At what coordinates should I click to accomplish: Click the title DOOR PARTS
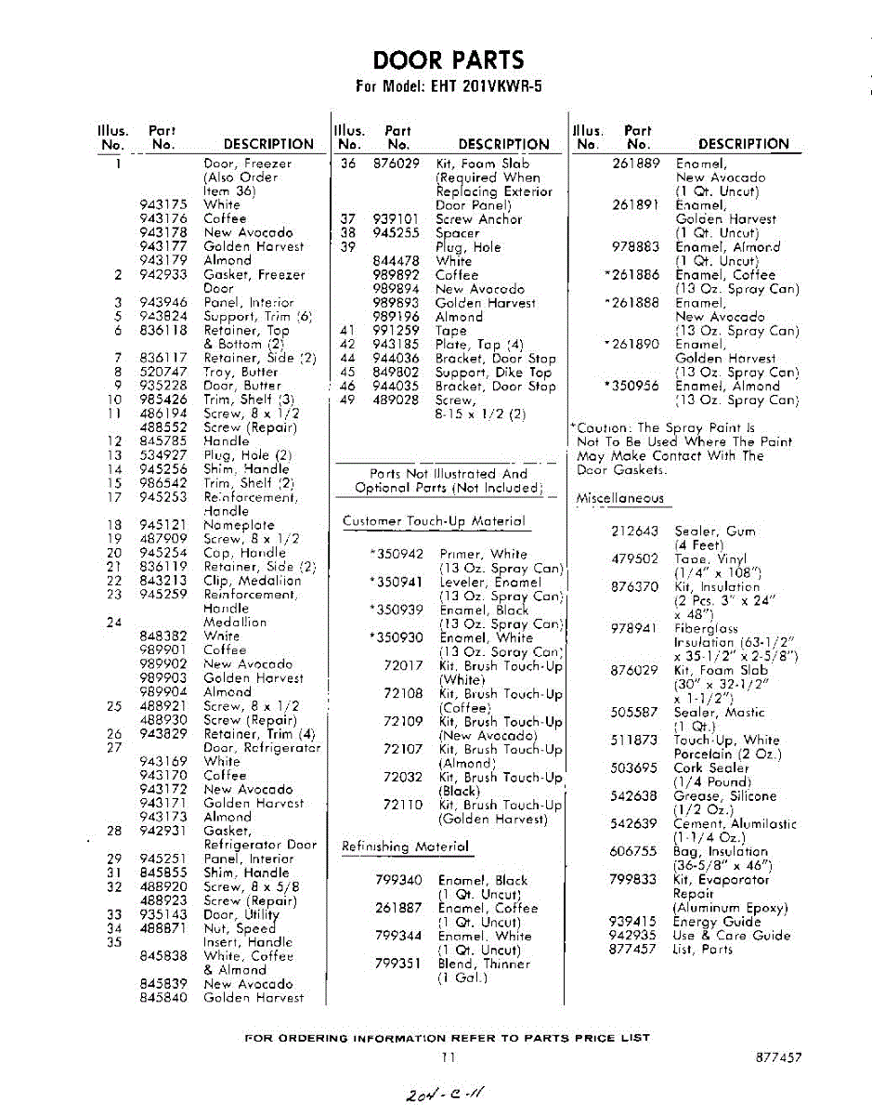click(x=449, y=61)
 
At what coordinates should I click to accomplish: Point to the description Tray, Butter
click(x=241, y=372)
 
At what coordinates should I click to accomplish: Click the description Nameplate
click(x=239, y=525)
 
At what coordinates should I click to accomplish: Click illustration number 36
click(x=349, y=164)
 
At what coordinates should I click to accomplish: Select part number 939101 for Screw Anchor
click(x=397, y=219)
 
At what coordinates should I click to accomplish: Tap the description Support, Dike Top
click(x=494, y=372)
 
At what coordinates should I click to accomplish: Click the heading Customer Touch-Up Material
click(x=434, y=521)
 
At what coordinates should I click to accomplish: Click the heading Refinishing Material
click(x=405, y=846)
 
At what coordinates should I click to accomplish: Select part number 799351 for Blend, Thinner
click(x=398, y=964)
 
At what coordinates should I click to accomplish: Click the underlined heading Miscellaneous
click(x=619, y=498)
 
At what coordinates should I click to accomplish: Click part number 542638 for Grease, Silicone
click(x=634, y=795)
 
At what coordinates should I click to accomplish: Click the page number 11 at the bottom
click(x=449, y=1057)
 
